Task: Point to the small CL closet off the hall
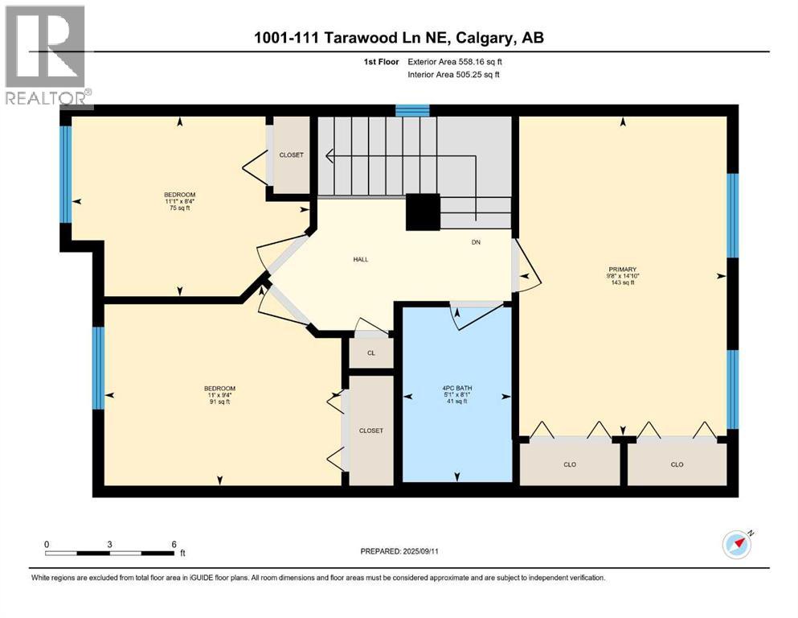(x=370, y=352)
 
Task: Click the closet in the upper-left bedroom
(x=291, y=154)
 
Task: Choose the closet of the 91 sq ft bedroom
(x=370, y=431)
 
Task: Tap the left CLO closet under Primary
(x=570, y=464)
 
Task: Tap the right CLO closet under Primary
(x=677, y=464)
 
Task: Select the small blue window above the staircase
(x=412, y=111)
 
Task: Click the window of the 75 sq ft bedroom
(x=66, y=173)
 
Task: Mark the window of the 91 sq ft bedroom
(x=98, y=369)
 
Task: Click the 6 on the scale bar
(x=174, y=544)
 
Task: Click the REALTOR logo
(x=47, y=56)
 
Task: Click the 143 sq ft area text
(x=622, y=283)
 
